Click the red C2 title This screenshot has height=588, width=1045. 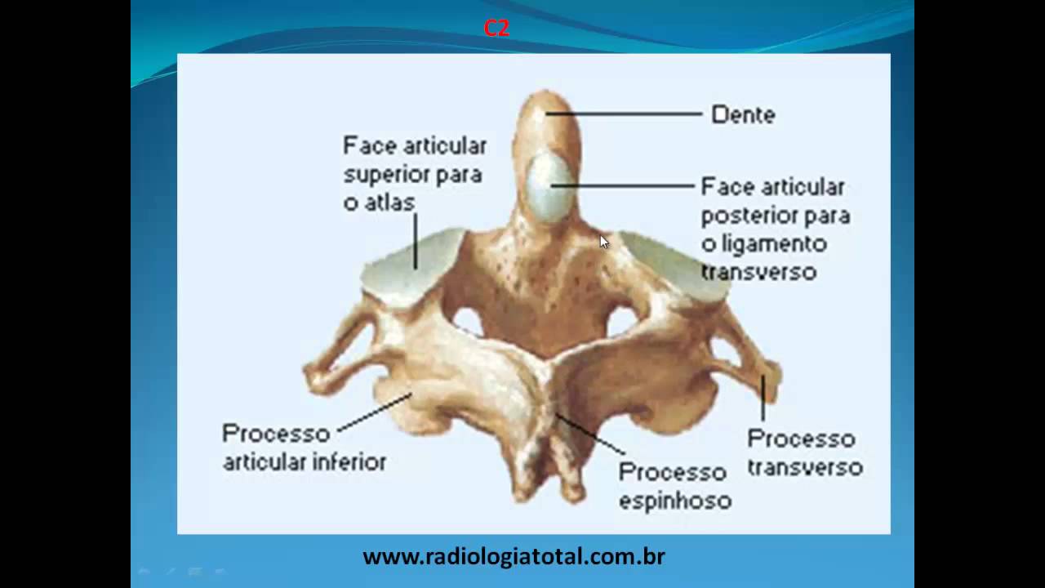496,29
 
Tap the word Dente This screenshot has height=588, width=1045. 743,115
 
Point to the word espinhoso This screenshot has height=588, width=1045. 674,501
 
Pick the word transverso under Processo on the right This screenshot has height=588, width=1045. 805,468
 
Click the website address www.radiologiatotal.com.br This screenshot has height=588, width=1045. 514,557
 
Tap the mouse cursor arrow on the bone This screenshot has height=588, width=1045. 603,241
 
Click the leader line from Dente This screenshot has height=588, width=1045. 625,114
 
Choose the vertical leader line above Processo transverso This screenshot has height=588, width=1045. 763,398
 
